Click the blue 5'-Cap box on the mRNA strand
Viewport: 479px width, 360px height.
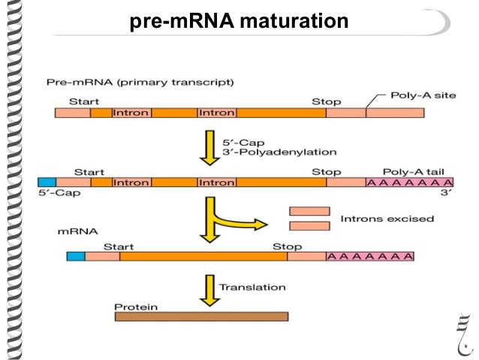(x=76, y=256)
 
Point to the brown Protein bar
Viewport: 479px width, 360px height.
(x=201, y=316)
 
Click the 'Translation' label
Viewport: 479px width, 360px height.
(x=252, y=287)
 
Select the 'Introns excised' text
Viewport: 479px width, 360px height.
(x=387, y=219)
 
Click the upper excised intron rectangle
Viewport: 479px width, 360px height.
(x=309, y=211)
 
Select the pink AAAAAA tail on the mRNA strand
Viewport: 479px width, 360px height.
(x=370, y=256)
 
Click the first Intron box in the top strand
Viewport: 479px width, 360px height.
(x=131, y=113)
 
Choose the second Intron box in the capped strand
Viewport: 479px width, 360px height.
(x=217, y=183)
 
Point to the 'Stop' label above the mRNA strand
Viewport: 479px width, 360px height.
(x=287, y=246)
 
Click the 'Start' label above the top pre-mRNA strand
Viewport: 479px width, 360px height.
(x=84, y=101)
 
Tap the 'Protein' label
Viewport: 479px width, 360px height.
(x=133, y=306)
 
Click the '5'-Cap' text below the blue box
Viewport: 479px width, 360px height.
(x=57, y=194)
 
